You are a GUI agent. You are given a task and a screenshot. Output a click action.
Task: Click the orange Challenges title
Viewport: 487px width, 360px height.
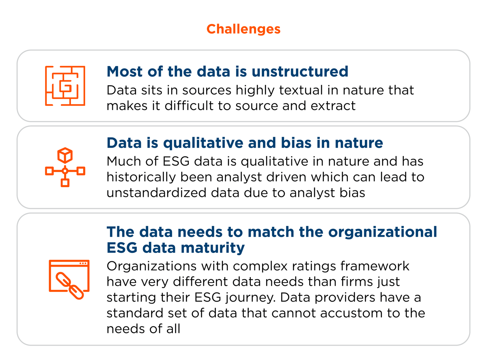[x=243, y=29]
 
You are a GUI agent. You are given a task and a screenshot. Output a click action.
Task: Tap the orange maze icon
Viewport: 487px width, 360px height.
[x=65, y=86]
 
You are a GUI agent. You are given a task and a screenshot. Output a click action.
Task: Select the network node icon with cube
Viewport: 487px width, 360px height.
[x=65, y=167]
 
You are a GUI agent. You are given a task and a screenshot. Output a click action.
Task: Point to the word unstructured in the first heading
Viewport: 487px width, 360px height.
[x=300, y=72]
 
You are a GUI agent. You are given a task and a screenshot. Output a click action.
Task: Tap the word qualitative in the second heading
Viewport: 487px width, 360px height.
[x=202, y=143]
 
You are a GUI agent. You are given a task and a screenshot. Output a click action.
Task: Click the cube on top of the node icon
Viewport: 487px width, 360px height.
[x=65, y=155]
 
